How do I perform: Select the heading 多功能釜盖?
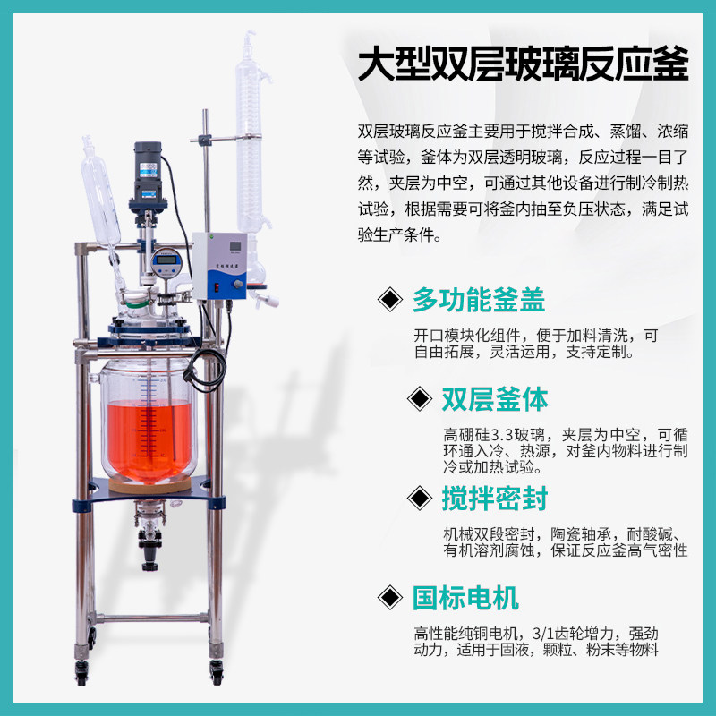click(479, 299)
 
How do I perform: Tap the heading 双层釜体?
click(494, 397)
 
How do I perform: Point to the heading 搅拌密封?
click(494, 497)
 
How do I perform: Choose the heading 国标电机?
click(465, 596)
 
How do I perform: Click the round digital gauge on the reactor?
click(166, 262)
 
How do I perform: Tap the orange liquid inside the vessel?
click(148, 439)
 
